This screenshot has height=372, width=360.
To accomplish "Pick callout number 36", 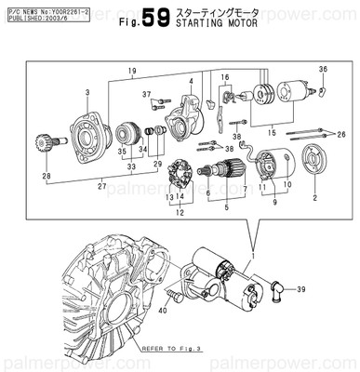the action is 323,69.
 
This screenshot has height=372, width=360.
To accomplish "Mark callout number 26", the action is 341,135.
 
